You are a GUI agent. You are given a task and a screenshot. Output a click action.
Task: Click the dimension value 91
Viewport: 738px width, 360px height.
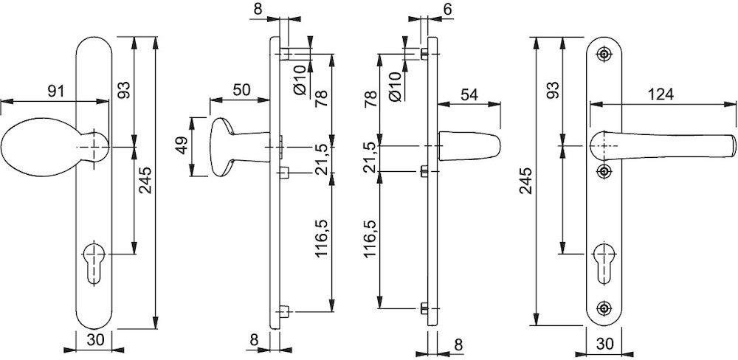coord(54,91)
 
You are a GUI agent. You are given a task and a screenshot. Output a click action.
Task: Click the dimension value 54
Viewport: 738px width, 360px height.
coord(470,94)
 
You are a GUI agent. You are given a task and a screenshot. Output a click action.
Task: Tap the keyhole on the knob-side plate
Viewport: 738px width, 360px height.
coord(94,260)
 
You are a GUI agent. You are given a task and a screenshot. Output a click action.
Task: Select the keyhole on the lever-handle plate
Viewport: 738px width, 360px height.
coord(605,260)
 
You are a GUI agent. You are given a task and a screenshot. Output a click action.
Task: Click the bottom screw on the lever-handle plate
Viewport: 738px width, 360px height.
coord(605,307)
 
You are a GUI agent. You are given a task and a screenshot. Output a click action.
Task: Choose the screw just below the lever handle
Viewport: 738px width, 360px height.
coord(605,172)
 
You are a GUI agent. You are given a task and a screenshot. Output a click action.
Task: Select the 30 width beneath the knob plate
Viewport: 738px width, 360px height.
coord(94,341)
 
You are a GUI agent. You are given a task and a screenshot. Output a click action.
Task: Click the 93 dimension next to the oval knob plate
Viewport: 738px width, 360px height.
coord(124,91)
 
